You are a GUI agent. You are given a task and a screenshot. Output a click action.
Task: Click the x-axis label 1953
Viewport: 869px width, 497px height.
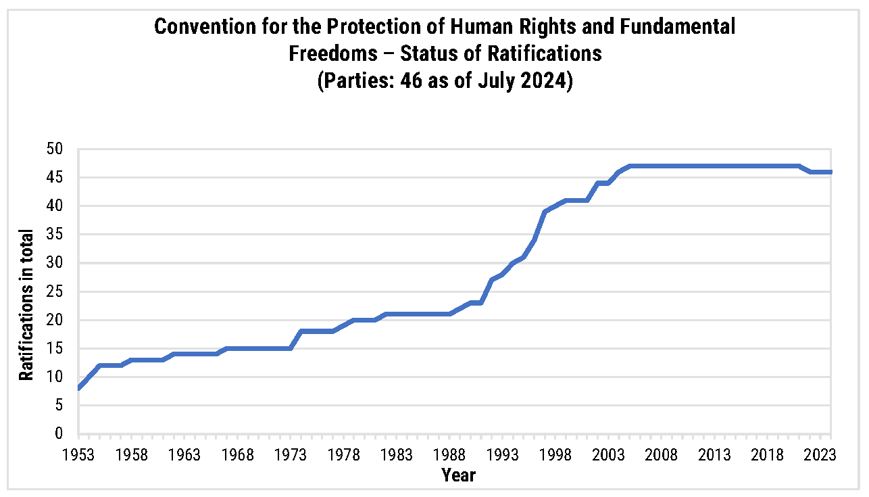tap(79, 454)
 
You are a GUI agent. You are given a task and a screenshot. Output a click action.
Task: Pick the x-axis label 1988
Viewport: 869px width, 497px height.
tap(449, 454)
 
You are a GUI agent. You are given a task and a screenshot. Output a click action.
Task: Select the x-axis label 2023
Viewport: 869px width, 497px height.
tap(820, 454)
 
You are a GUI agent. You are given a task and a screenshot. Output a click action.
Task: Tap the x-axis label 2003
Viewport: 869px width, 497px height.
tap(608, 454)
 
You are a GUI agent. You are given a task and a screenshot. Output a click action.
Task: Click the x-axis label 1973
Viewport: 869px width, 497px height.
tap(291, 454)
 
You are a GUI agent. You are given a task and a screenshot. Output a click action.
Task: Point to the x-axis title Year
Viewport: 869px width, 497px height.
tap(459, 475)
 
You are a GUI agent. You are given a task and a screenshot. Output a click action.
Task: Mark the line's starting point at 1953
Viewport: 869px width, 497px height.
tap(79, 388)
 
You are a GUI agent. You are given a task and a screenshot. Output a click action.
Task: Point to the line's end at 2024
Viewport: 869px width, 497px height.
tap(830, 172)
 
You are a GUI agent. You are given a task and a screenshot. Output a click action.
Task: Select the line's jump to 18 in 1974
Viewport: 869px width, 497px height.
tap(301, 331)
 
